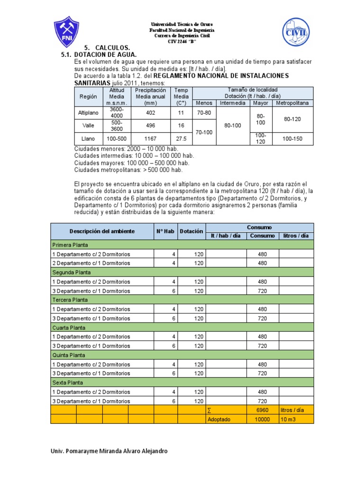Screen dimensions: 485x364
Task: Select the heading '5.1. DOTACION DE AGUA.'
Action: pos(99,55)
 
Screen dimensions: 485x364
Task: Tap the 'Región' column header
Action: pos(88,96)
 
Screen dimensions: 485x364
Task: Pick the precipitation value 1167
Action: pos(151,139)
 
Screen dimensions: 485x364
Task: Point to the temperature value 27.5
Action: pos(181,139)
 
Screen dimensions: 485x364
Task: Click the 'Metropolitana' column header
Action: pos(292,103)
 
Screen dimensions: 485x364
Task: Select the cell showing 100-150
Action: pos(292,139)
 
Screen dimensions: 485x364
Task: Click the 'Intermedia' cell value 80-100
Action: pos(233,126)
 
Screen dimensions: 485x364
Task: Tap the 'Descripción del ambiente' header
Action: pos(102,231)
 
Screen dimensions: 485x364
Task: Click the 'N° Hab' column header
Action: pos(166,231)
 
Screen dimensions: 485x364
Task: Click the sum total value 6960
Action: pos(262,410)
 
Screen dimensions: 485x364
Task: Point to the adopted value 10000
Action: pos(262,419)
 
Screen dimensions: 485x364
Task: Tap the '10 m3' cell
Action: pos(289,419)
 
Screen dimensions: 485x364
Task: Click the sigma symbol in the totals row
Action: pos(209,410)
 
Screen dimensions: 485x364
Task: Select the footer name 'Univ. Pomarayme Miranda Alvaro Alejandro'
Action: pos(109,451)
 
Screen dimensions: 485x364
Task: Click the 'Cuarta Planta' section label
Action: pos(68,327)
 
